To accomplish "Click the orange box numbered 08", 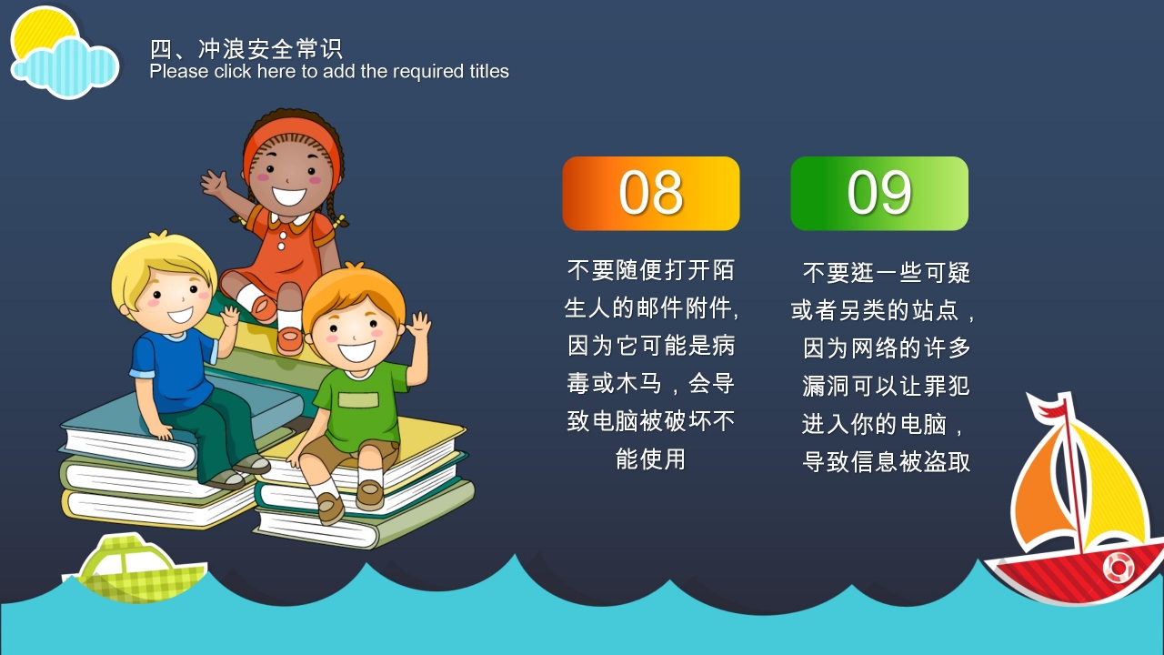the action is point(650,194).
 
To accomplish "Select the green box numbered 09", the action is point(879,194).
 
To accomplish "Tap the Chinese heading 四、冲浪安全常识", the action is point(246,49).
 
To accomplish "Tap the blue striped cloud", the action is point(65,67).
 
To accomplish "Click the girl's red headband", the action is point(291,136).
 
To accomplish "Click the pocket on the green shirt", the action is point(358,400).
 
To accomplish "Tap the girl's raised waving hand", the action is point(214,182).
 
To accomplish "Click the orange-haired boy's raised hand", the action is point(419,326).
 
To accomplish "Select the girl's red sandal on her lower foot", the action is point(290,340).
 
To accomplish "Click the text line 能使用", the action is point(650,459).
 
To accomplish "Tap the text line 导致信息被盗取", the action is point(886,461).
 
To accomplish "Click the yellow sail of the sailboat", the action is point(1107,483).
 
